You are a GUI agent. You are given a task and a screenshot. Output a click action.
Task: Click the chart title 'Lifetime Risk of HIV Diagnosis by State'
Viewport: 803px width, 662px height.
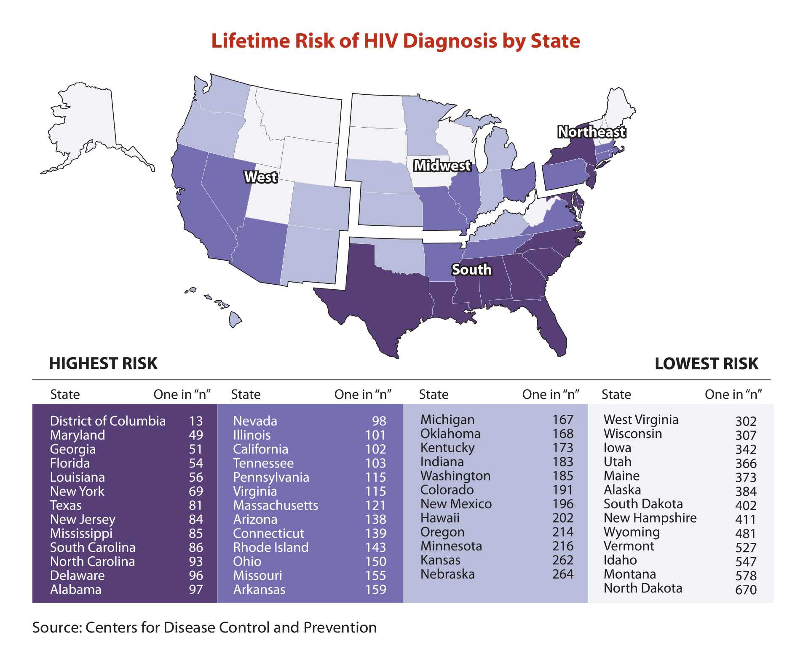click(395, 41)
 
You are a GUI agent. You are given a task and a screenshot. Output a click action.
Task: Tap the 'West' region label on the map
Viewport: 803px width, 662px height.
click(261, 177)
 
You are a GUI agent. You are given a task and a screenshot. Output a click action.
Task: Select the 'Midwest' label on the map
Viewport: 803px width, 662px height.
click(442, 166)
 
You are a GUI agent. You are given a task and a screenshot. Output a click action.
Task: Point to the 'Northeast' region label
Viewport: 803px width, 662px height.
click(592, 132)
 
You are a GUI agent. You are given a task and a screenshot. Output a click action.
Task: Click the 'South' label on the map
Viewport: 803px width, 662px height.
click(471, 270)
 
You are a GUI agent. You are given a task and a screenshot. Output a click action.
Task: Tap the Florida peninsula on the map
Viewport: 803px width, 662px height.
click(552, 333)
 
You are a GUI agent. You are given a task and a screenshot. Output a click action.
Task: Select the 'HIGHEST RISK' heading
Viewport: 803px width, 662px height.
click(103, 363)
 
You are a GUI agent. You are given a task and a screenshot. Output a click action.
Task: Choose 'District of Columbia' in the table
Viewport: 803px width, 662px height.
click(108, 421)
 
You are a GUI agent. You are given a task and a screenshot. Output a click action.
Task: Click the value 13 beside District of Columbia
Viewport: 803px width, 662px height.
click(196, 421)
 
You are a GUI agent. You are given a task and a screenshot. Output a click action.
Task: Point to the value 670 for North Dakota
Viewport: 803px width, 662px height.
click(746, 590)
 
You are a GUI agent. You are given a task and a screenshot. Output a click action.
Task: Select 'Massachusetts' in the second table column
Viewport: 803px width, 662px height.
click(276, 505)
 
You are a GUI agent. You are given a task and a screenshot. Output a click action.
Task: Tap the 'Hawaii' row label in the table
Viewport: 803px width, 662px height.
click(440, 518)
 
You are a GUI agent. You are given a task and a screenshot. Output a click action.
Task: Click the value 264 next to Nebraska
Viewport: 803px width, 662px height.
click(562, 574)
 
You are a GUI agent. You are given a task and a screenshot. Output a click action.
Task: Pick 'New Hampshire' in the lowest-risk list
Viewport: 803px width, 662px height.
click(650, 518)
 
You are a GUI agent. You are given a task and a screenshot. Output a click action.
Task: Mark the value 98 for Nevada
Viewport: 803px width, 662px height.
click(379, 421)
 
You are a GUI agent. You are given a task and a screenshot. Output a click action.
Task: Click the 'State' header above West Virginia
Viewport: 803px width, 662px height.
click(616, 395)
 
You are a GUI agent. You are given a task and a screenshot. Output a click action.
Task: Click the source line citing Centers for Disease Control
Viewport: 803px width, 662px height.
click(204, 627)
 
